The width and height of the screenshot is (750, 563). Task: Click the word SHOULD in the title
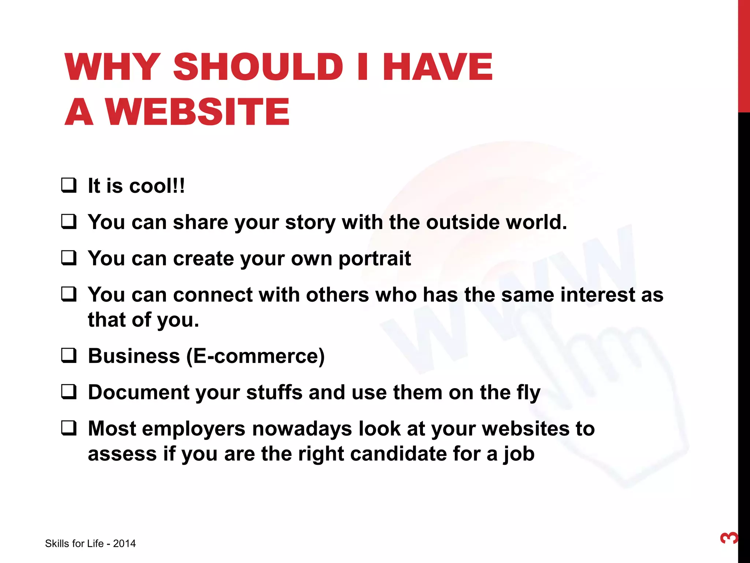258,67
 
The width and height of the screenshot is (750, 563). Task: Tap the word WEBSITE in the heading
198,111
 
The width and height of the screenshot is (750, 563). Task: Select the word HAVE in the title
438,67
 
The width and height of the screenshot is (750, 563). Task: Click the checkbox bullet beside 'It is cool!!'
69,185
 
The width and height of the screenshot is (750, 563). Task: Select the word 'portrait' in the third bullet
374,259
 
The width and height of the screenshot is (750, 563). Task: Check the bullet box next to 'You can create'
69,258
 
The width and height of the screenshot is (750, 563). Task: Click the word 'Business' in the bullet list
134,356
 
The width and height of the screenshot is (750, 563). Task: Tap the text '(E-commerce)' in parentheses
256,356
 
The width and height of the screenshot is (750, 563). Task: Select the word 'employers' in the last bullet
193,429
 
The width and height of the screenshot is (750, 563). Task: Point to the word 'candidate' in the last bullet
398,454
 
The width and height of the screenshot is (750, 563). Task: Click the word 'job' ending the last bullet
519,455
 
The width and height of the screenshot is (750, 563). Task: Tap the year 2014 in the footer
124,544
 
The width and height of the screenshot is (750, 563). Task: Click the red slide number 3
729,538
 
